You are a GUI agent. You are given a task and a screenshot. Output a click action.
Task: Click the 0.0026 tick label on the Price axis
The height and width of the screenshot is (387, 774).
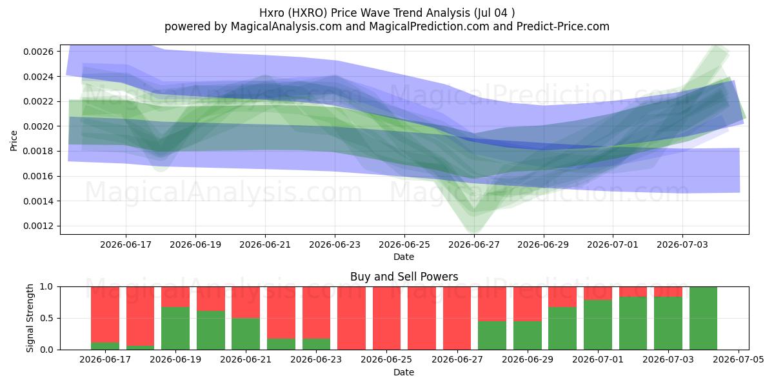pos(38,52)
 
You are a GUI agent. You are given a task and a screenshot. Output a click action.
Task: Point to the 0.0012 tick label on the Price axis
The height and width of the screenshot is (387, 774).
pos(38,226)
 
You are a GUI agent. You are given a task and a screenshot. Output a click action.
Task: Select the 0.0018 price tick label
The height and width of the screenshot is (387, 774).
pos(38,152)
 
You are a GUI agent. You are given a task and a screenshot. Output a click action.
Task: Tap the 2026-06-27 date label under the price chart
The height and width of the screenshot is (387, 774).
pos(473,244)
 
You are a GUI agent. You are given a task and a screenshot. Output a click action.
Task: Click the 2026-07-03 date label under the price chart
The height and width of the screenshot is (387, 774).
pos(682,244)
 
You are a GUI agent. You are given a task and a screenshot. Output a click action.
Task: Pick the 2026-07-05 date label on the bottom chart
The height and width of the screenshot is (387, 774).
pos(739,359)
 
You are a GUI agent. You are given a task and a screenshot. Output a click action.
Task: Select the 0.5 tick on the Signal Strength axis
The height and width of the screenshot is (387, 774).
pos(47,318)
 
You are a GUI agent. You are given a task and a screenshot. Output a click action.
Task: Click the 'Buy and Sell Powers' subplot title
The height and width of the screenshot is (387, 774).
pos(404,277)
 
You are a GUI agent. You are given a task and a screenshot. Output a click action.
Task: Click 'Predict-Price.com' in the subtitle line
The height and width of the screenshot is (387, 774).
pos(563,26)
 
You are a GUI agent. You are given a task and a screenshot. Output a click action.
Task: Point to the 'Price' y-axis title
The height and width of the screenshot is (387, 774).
pos(14,141)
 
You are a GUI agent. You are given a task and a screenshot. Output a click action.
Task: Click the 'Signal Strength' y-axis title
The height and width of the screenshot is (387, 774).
pos(30,318)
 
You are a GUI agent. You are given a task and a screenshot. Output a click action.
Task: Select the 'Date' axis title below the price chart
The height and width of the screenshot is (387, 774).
pos(404,257)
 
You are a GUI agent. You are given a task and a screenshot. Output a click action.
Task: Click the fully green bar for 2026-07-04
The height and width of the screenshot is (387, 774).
pos(703,318)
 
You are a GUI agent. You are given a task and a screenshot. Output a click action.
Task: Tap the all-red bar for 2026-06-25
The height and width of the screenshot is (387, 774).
pos(386,318)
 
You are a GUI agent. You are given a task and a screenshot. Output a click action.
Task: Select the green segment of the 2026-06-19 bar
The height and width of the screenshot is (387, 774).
pos(175,328)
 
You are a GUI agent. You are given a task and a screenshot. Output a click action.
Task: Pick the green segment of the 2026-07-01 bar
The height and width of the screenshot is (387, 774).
pos(598,324)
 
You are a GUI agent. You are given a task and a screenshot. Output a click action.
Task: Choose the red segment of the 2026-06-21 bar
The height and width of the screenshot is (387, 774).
pos(246,303)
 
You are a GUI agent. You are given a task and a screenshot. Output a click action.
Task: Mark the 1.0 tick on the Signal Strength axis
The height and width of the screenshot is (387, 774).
pos(47,287)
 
